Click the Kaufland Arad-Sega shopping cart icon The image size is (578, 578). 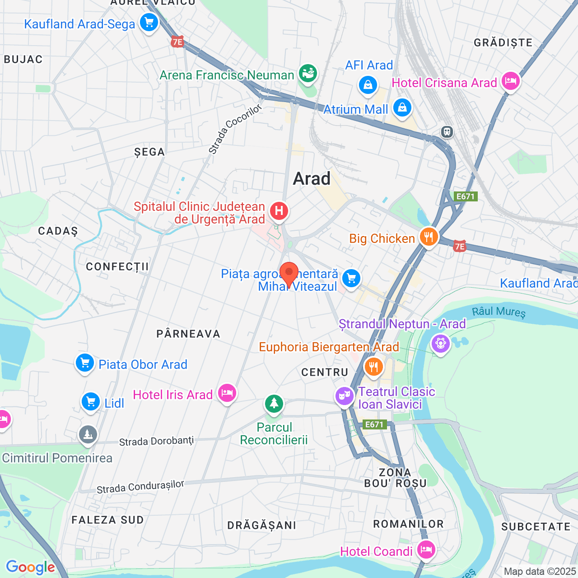pos(149,22)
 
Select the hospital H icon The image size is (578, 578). pos(279,211)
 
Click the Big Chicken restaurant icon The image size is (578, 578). pos(429,236)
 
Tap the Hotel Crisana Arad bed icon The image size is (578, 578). pos(510,81)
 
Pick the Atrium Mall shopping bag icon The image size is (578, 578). pos(402,107)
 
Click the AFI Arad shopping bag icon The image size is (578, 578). pos(368,84)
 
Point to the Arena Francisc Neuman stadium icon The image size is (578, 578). pos(308,73)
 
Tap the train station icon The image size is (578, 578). pos(447,132)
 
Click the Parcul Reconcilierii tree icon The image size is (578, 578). pos(274,403)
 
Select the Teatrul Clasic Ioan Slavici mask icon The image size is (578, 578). pos(344,396)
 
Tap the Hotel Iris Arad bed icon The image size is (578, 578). pos(227,393)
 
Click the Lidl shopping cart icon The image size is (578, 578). pos(91,401)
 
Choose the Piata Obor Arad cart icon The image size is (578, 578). pos(84,363)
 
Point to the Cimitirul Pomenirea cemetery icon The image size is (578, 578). pos(88,434)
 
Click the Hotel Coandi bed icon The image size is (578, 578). pos(425,550)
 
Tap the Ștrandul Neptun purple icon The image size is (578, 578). pos(440,343)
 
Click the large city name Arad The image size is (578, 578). pos(312,179)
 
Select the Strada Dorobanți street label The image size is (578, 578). pos(156,441)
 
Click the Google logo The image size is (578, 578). pos(30,567)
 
